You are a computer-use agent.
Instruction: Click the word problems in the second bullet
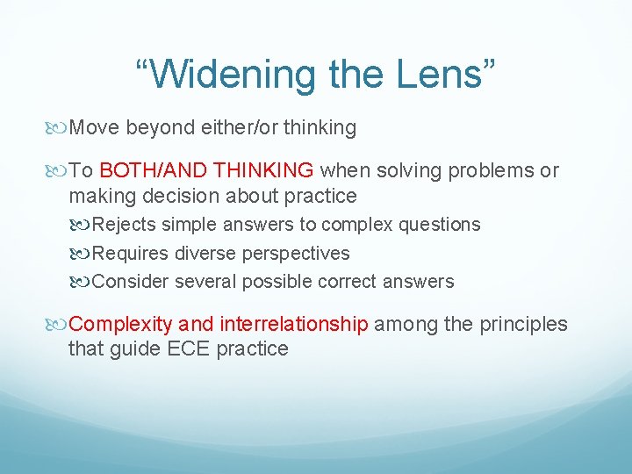[489, 170]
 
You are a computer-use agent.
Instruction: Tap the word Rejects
[125, 225]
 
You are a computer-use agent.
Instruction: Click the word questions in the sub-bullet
[440, 225]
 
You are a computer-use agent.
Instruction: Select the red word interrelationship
[294, 325]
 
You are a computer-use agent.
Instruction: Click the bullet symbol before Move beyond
[59, 128]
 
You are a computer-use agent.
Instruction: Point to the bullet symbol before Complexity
[59, 325]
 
